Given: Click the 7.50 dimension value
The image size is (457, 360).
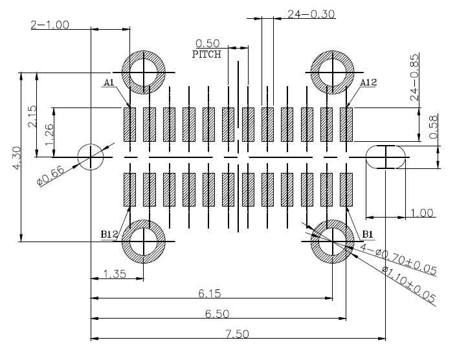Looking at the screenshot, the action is (238, 333).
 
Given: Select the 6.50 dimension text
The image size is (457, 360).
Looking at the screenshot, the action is (217, 314).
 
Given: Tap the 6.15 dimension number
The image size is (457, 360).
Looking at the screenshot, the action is (210, 293).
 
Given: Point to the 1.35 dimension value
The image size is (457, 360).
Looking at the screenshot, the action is (115, 274).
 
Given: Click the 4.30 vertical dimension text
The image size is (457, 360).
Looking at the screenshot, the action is (17, 158).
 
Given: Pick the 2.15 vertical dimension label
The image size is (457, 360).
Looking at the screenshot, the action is (32, 117).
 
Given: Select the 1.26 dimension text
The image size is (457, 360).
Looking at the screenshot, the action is (49, 135).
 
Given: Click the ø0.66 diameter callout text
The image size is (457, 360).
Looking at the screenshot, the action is (50, 175).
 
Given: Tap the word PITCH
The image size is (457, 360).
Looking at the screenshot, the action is (206, 54).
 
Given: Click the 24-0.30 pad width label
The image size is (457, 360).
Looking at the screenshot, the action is (311, 14).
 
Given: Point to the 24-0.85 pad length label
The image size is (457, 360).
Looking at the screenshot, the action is (414, 77).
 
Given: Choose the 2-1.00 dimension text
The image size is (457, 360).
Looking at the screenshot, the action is (50, 25).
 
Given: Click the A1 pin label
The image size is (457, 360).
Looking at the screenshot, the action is (109, 83).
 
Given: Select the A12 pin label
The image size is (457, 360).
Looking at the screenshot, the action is (368, 82).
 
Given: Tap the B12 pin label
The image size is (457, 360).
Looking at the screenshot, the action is (109, 234).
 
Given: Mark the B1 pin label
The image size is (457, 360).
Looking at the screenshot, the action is (368, 234).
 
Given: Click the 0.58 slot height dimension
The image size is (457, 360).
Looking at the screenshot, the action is (434, 127).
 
